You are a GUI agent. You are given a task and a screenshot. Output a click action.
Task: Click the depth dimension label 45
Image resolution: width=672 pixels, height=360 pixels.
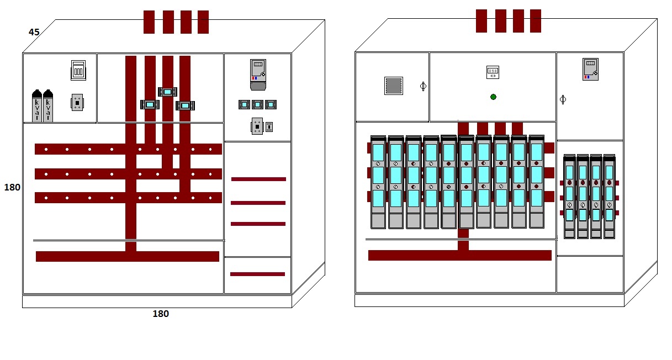(34, 32)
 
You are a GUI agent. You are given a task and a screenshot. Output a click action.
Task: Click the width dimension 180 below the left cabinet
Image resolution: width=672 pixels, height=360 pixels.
(161, 314)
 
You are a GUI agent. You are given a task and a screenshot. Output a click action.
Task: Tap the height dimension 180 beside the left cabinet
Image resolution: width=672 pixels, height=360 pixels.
(12, 187)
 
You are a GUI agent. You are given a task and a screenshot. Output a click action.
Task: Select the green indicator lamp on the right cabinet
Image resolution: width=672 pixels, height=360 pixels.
(493, 97)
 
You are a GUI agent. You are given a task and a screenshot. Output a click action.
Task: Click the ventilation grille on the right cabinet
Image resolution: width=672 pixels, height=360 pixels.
(393, 86)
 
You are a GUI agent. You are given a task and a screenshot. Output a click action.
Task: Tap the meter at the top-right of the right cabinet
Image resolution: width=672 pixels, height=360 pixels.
(590, 69)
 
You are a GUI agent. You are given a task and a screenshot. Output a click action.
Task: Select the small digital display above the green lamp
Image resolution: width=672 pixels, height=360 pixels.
(493, 72)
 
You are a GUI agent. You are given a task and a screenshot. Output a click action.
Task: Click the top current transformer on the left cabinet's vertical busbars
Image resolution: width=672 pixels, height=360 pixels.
(167, 92)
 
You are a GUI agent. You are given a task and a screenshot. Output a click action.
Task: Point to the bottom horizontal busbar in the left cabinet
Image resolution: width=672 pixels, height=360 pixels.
(128, 256)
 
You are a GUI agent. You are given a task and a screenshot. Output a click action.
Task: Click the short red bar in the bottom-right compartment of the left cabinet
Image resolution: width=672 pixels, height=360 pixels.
(257, 274)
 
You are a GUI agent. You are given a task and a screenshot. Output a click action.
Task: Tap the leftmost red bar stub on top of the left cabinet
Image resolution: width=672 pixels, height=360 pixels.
(149, 22)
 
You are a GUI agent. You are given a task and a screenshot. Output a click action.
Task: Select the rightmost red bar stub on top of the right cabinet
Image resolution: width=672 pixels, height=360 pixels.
(536, 21)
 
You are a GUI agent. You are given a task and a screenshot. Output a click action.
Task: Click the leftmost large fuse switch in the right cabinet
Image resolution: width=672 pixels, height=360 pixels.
(378, 182)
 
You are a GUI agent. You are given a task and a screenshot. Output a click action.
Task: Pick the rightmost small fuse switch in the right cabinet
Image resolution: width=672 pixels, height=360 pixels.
(609, 196)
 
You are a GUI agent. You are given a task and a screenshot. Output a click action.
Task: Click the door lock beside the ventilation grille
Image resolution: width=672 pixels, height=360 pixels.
(423, 86)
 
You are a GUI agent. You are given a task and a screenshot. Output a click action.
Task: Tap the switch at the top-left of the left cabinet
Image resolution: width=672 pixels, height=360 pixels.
(78, 71)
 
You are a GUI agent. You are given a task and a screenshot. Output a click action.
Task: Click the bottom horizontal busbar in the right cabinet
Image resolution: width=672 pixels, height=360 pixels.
(459, 255)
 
